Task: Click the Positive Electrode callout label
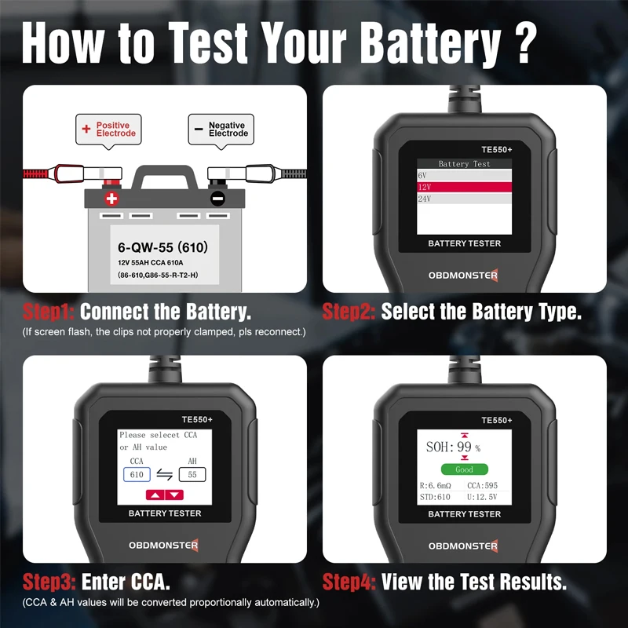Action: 109,130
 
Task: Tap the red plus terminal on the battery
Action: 111,198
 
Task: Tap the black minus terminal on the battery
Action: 217,199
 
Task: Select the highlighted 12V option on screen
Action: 464,187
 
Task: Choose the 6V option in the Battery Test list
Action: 464,175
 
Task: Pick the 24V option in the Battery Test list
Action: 464,199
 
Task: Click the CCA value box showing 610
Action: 137,475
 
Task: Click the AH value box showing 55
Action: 192,475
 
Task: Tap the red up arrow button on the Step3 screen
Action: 155,495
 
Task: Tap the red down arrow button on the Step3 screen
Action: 173,495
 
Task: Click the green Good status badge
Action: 464,469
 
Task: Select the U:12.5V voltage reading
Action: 482,497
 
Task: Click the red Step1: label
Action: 49,312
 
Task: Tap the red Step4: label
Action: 349,582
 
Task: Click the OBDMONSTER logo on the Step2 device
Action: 464,275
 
